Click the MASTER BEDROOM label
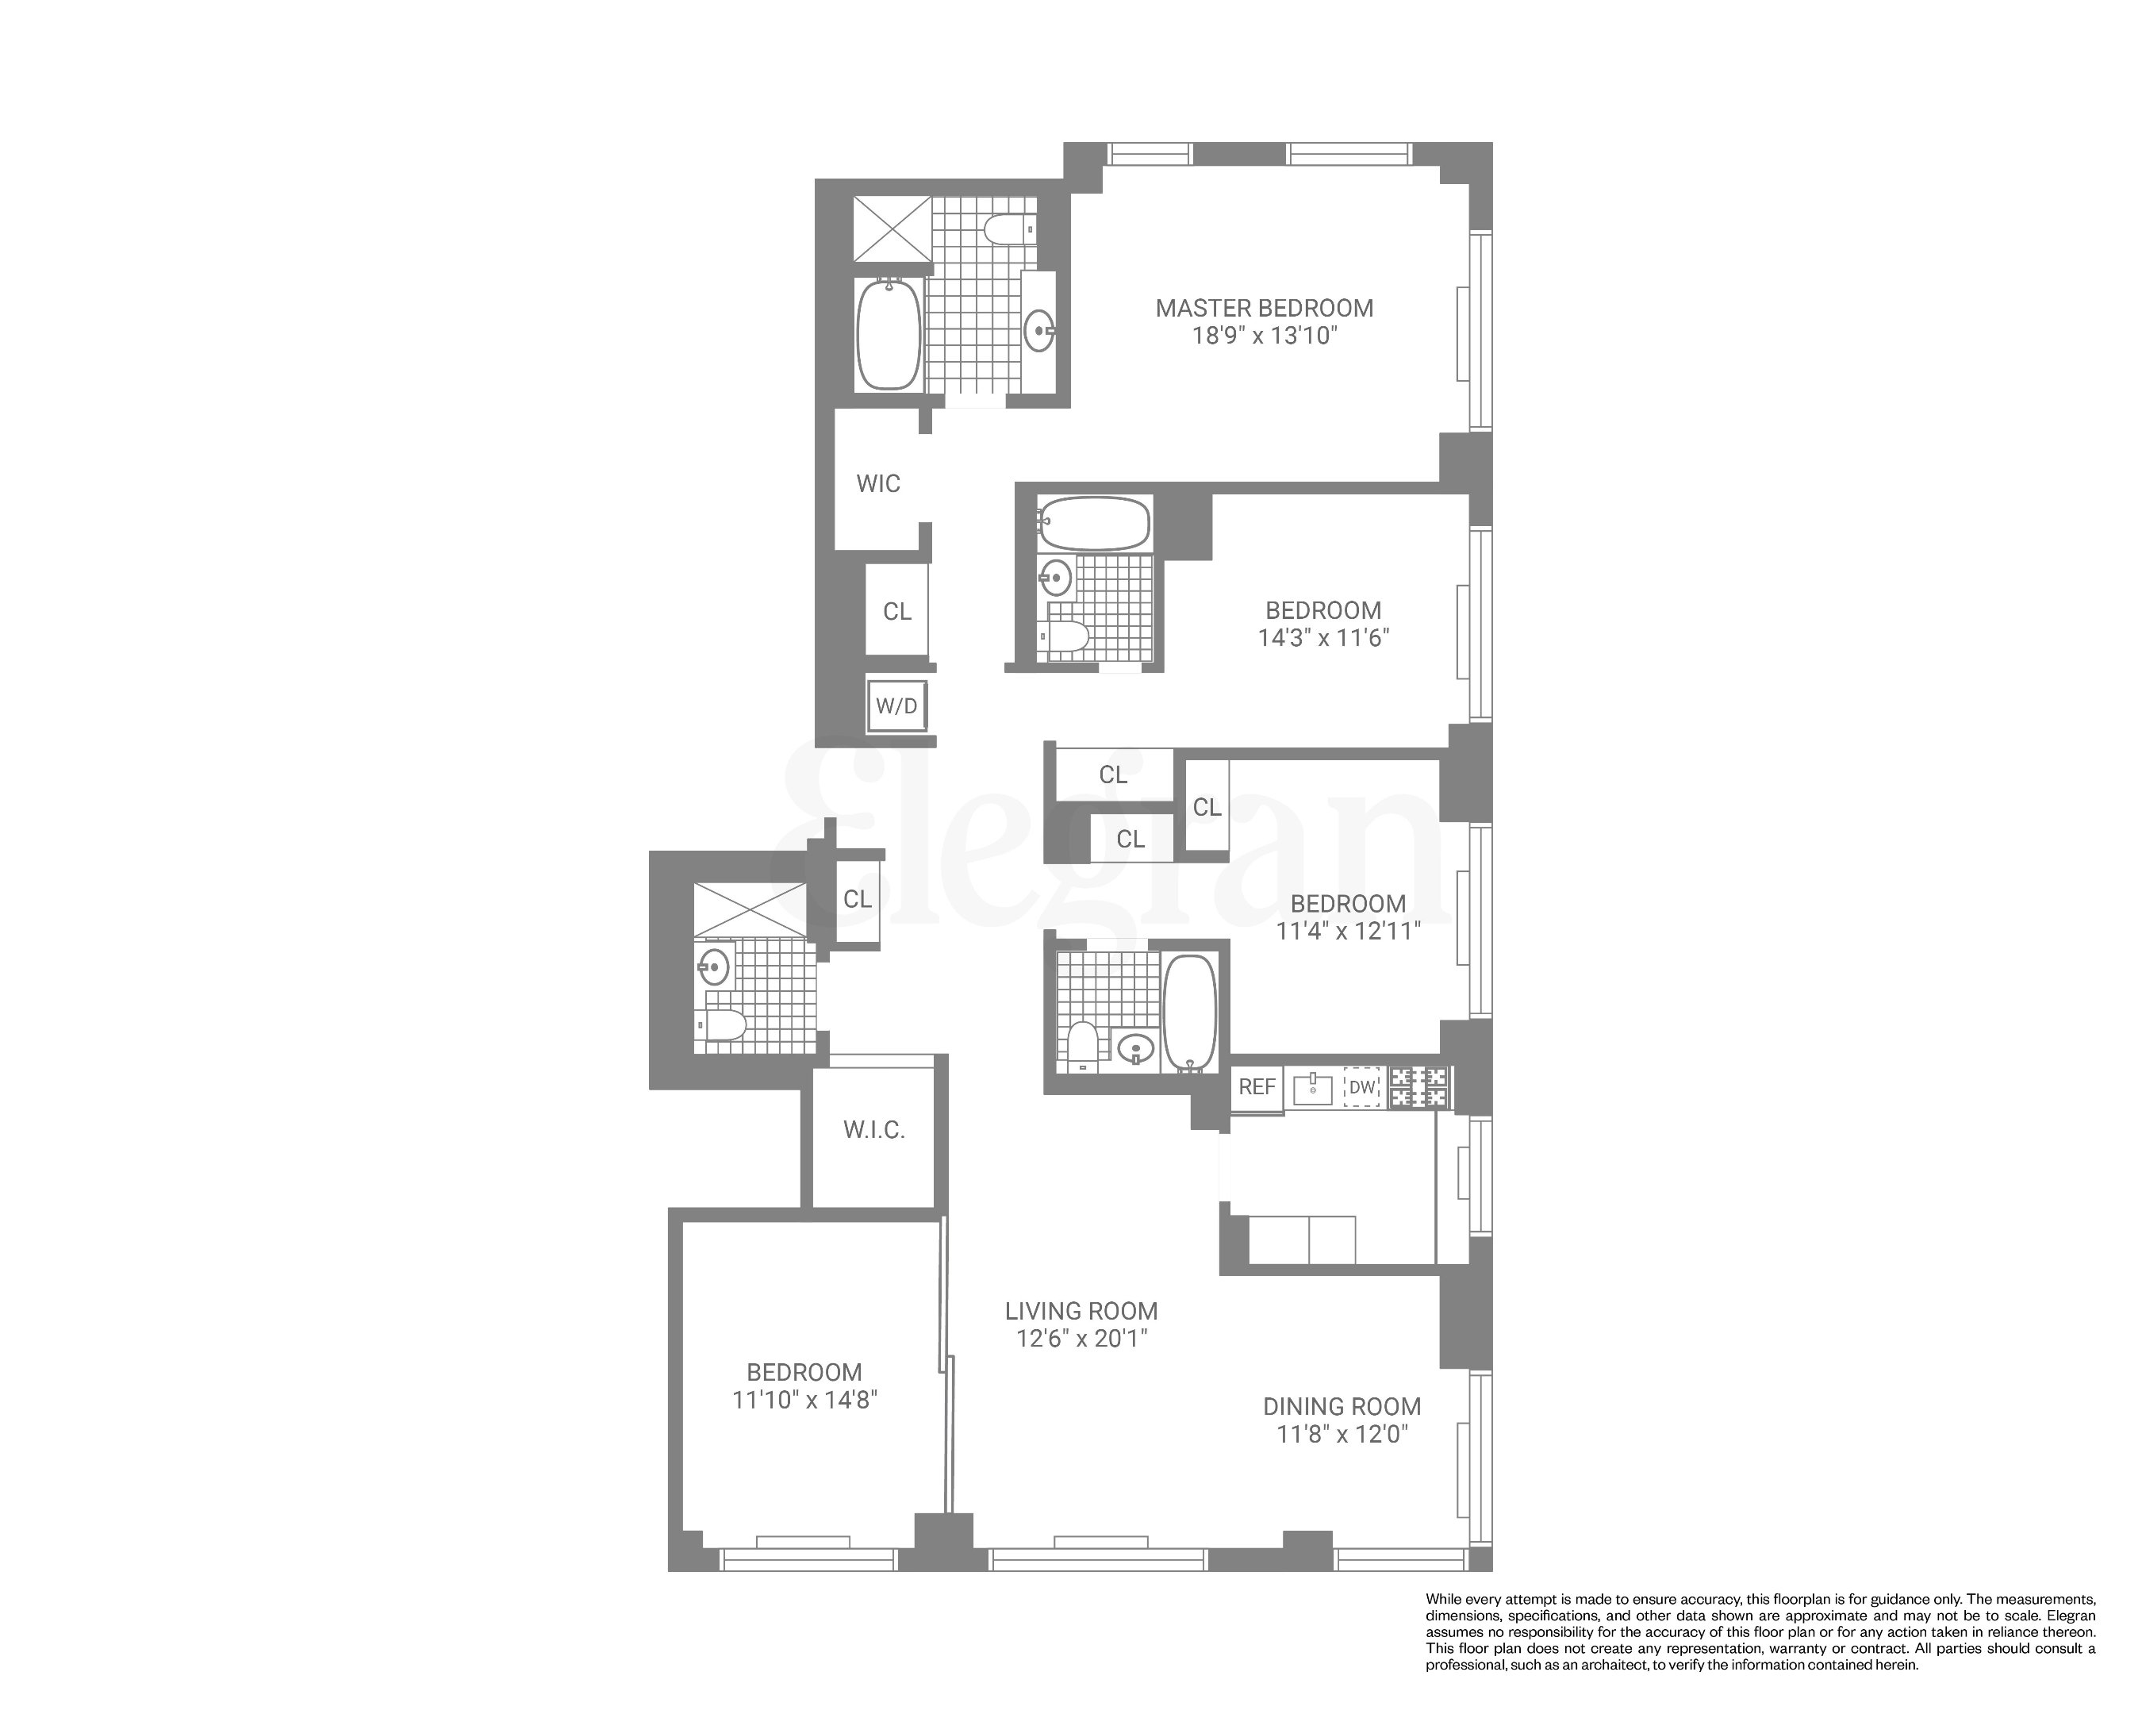pyautogui.click(x=1264, y=308)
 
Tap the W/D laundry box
pyautogui.click(x=896, y=706)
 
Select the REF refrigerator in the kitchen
pyautogui.click(x=1256, y=1087)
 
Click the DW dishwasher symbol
pyautogui.click(x=1362, y=1087)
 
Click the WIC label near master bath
pyautogui.click(x=878, y=484)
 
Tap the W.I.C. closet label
pyautogui.click(x=873, y=1131)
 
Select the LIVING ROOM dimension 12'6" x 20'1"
pyautogui.click(x=1081, y=1339)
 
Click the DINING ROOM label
pyautogui.click(x=1342, y=1407)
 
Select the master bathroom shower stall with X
pyautogui.click(x=893, y=229)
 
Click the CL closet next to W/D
pyautogui.click(x=897, y=611)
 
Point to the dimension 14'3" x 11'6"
pyautogui.click(x=1322, y=638)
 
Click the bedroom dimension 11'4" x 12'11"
pyautogui.click(x=1348, y=931)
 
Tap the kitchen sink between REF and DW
pyautogui.click(x=1312, y=1087)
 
